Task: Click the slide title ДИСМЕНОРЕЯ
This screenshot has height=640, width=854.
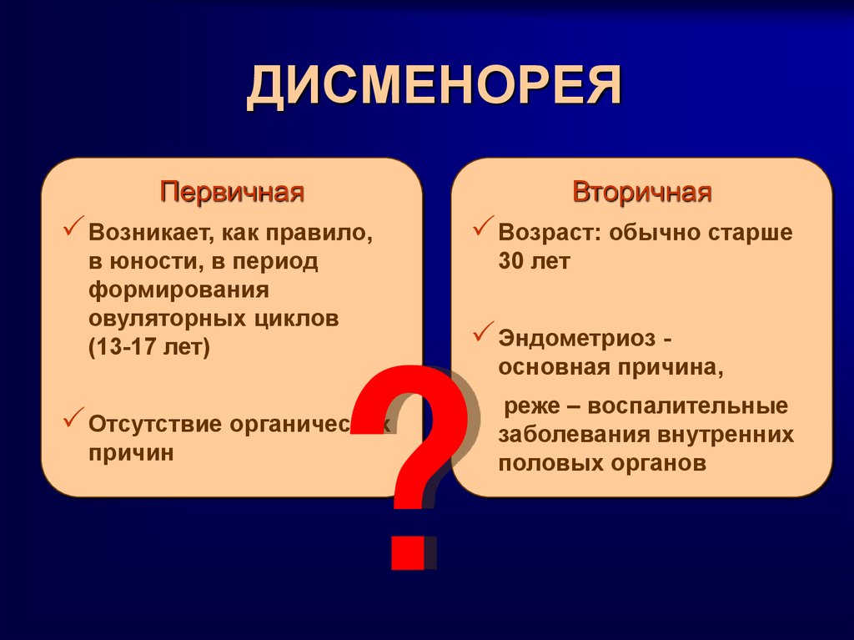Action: [434, 88]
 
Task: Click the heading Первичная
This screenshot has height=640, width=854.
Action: [233, 193]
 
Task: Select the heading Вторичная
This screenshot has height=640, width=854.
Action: [641, 193]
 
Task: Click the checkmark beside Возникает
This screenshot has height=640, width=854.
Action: [73, 226]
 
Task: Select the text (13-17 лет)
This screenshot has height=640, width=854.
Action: [150, 347]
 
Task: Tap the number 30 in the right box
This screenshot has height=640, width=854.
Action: [511, 260]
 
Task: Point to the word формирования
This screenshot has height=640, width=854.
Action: [179, 290]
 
